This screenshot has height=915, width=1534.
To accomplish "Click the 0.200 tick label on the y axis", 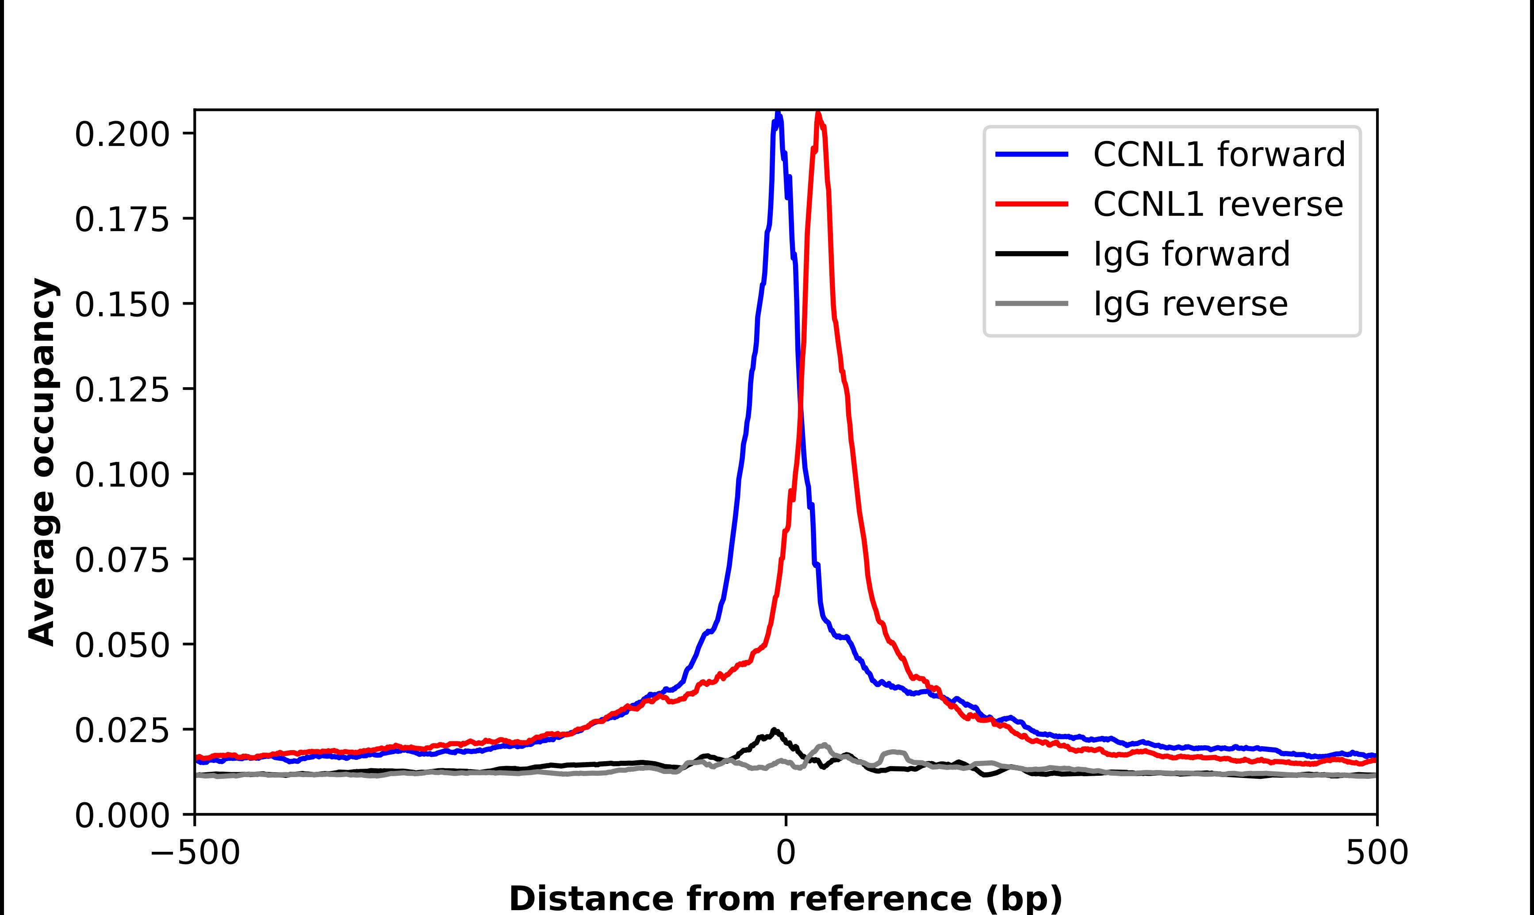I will tap(122, 135).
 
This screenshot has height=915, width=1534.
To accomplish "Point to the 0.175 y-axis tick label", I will tap(122, 220).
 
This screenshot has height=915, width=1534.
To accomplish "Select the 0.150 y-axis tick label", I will tap(122, 305).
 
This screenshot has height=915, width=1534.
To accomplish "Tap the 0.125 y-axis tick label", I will tap(122, 390).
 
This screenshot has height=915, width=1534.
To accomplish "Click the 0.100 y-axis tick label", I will tap(122, 475).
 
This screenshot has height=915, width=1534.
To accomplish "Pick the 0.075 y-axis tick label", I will tap(122, 560).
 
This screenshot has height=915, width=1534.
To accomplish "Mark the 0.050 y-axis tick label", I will tap(122, 645).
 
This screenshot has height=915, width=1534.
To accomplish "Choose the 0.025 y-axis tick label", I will tap(122, 731).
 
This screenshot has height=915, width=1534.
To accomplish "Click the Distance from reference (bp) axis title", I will tap(785, 898).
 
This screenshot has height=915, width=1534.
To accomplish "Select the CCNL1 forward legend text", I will tap(1219, 155).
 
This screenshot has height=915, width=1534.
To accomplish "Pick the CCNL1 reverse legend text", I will tap(1218, 205).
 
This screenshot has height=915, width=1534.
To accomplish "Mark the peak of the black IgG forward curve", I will tap(774, 730).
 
